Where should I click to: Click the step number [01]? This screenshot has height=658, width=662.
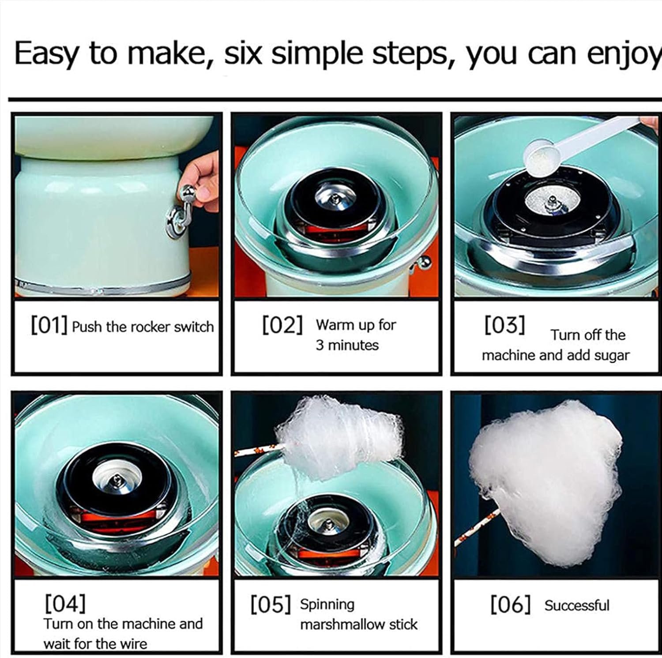pyautogui.click(x=49, y=326)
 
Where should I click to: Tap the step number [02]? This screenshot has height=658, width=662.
pyautogui.click(x=282, y=326)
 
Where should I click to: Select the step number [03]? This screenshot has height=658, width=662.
pyautogui.click(x=504, y=326)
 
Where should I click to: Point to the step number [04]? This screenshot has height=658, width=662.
pyautogui.click(x=65, y=603)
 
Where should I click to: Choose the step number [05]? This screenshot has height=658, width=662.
pyautogui.click(x=271, y=605)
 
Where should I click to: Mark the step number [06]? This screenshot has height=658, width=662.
pyautogui.click(x=510, y=605)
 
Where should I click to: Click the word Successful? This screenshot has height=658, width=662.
pyautogui.click(x=576, y=605)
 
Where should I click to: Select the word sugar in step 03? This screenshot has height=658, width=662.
pyautogui.click(x=611, y=355)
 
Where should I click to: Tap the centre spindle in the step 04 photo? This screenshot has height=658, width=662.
pyautogui.click(x=116, y=478)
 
